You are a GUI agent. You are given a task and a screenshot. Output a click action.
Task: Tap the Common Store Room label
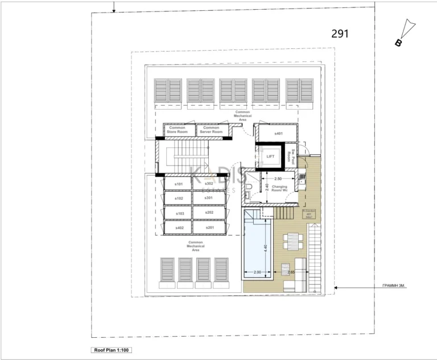[177, 130]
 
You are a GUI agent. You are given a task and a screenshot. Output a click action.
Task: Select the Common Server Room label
[211, 130]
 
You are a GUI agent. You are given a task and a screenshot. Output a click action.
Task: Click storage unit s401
[278, 133]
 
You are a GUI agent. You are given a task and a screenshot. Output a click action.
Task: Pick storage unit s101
[179, 184]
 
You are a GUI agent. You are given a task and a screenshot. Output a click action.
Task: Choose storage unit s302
[209, 184]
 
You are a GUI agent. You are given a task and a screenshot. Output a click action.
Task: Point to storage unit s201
[209, 227]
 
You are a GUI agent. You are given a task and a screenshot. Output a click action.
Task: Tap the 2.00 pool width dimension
[257, 273]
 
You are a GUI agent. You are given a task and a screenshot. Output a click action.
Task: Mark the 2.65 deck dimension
[291, 273]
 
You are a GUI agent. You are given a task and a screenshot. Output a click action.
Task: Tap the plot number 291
[340, 34]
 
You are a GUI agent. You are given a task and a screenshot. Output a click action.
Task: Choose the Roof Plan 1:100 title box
[112, 350]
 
